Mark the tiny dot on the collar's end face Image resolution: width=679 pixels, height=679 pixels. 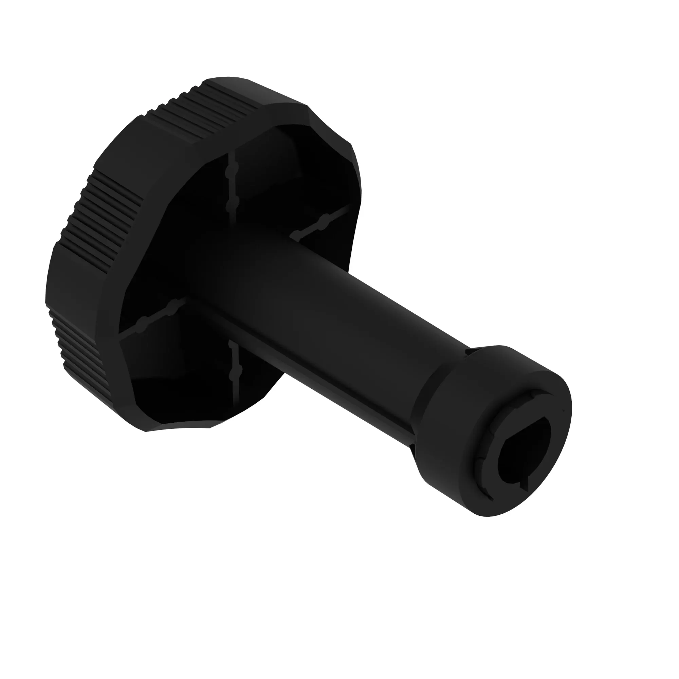pos(563,410)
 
